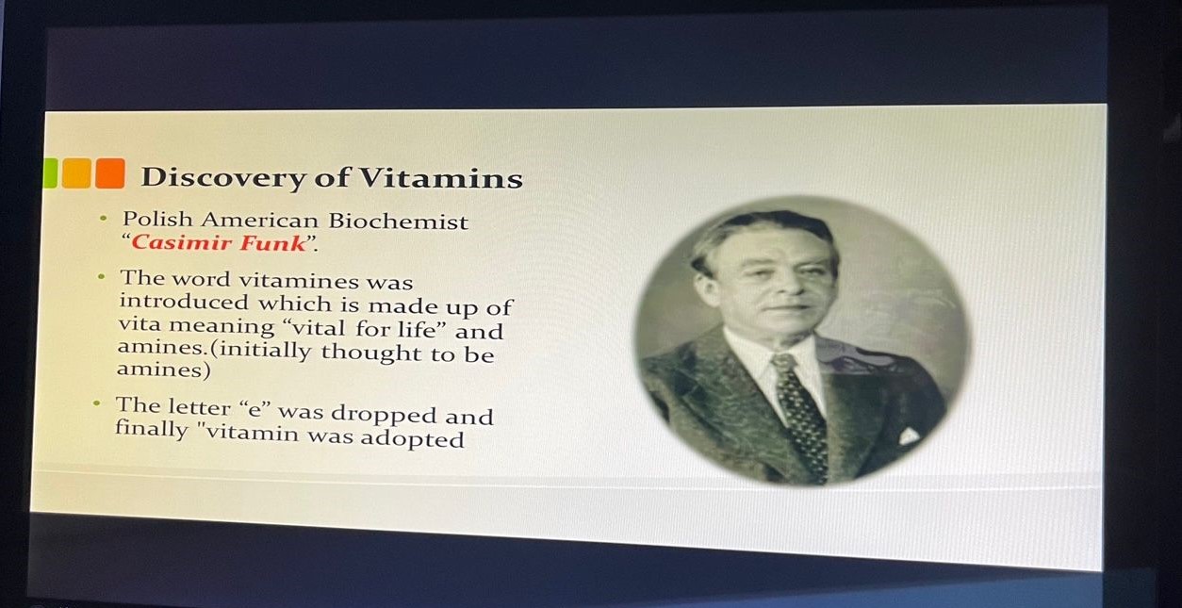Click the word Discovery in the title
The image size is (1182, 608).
point(223,177)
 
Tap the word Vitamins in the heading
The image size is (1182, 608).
point(441,178)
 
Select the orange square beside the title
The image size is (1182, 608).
point(110,173)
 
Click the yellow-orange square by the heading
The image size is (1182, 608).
point(76,173)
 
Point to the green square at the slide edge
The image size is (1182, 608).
point(50,173)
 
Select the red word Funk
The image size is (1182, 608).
point(272,243)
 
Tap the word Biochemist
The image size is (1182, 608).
point(399,222)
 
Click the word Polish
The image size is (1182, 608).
point(157,219)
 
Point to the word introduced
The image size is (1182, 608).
point(184,302)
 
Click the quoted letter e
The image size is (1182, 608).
point(254,409)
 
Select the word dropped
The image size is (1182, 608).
point(384,415)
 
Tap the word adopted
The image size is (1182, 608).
point(412,438)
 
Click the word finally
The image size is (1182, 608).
point(152,429)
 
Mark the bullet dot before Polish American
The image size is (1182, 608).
point(104,218)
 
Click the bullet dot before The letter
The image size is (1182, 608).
point(96,404)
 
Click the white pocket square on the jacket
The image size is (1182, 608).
point(909,435)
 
